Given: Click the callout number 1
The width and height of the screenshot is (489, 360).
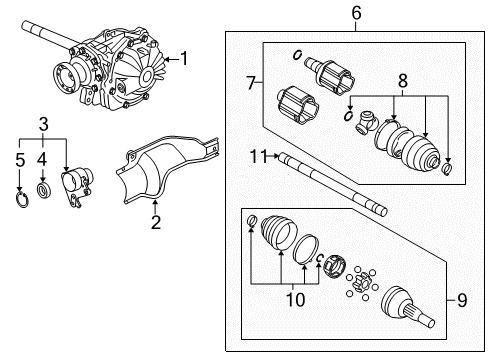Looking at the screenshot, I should pyautogui.click(x=183, y=59).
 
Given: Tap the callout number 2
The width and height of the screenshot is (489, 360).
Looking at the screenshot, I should pyautogui.click(x=155, y=221).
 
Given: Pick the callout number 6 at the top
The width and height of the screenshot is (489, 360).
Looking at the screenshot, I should pyautogui.click(x=354, y=13).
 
